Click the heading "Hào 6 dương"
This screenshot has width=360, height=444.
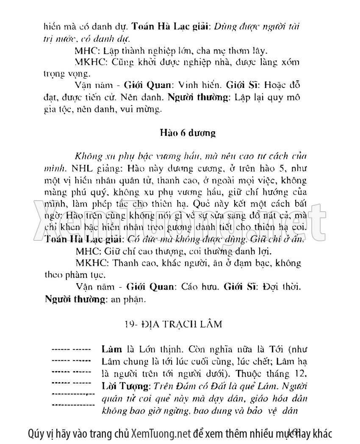pos(187,133)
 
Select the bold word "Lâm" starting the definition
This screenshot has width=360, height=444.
pos(110,350)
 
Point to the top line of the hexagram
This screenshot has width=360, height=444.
pos(71,350)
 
